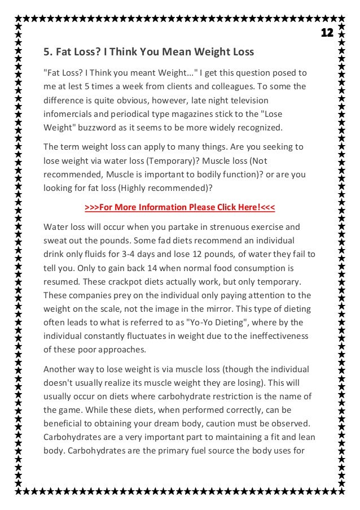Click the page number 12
click(327, 32)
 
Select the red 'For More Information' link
click(179, 207)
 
